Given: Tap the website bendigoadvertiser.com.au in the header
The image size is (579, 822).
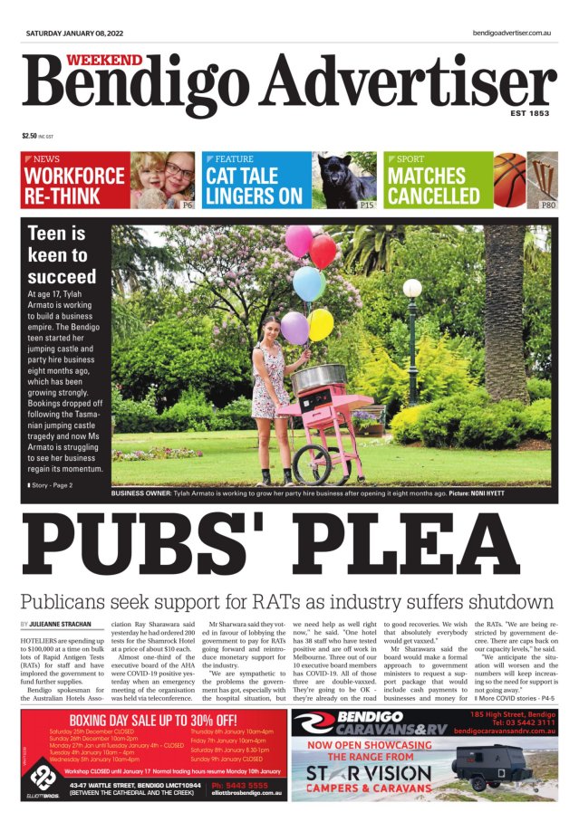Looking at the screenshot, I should (512, 33).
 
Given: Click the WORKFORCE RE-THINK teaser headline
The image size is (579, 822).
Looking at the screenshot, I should (74, 185).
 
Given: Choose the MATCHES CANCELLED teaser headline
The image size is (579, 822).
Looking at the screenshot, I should (433, 185).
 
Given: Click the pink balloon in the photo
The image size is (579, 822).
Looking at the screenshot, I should (298, 241).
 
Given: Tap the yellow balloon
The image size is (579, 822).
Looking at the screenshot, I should (320, 324).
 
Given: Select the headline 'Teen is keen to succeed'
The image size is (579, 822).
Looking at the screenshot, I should (62, 254).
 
